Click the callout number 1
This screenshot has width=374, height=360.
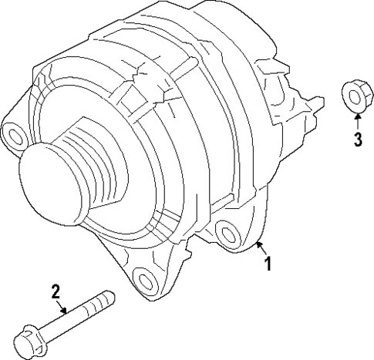(x=268, y=264)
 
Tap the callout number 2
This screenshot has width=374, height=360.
(x=56, y=291)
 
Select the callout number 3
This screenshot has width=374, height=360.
(x=358, y=139)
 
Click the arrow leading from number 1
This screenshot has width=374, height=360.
(x=260, y=249)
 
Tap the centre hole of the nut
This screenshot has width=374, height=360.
(x=355, y=96)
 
